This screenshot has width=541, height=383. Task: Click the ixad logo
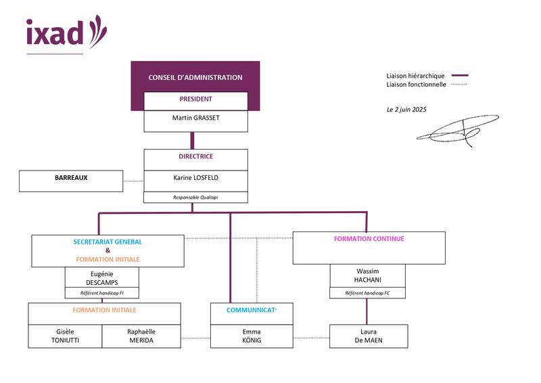pos(66,32)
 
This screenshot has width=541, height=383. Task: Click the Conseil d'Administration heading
pos(195,78)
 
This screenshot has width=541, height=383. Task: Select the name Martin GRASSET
pos(195,117)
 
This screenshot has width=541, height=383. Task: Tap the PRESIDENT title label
pos(195,99)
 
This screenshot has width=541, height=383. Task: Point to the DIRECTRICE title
pos(195,156)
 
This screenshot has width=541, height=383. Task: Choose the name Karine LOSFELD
pos(195,178)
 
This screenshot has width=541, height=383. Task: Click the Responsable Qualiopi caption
pos(195,198)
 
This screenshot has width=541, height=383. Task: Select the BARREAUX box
pos(71,178)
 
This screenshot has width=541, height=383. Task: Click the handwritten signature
pos(458,131)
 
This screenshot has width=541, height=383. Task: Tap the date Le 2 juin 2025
pos(406,109)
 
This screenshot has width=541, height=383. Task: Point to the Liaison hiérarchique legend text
pos(415,76)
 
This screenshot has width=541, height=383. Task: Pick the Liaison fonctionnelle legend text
pos(416,85)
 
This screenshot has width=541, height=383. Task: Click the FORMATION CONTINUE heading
pos(369,239)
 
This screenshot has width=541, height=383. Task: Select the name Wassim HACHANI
pos(368,275)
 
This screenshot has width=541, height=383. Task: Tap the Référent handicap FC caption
pos(368,293)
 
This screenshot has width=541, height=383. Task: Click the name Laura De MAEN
pos(368,336)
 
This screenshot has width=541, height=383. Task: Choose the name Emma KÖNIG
pos(251,336)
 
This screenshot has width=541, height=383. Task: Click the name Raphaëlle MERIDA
pos(141,336)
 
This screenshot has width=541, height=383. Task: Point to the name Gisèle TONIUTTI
pos(65,336)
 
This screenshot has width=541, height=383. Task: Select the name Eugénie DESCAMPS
pos(101,277)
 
